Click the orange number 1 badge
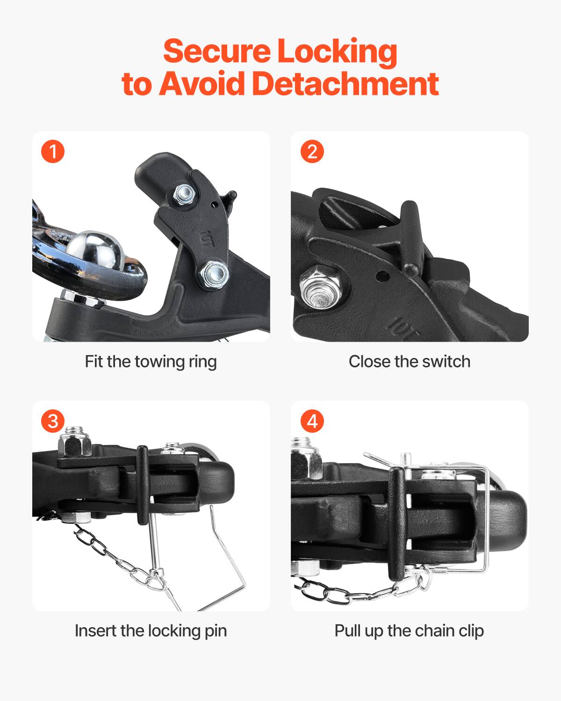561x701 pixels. coord(53,152)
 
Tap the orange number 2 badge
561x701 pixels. coord(312,152)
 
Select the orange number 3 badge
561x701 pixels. coord(53,421)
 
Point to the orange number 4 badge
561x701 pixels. coord(312,421)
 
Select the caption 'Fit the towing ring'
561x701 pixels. coord(151,361)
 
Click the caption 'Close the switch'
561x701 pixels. coord(410,361)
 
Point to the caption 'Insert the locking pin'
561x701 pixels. coord(151,630)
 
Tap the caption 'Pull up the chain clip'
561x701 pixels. coord(410,630)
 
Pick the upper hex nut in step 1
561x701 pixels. coord(186,193)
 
